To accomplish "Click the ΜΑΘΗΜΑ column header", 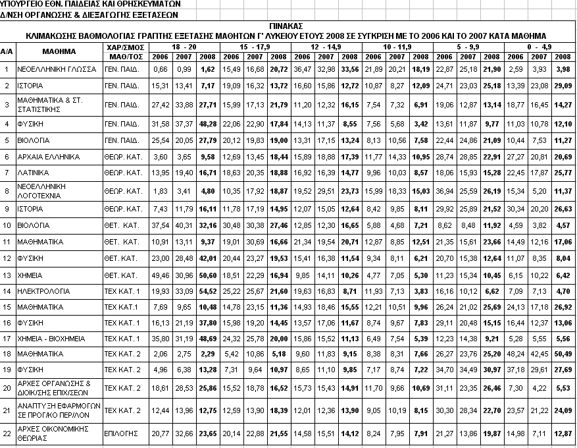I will (x=59, y=51).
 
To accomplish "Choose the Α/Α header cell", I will (x=7, y=51).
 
